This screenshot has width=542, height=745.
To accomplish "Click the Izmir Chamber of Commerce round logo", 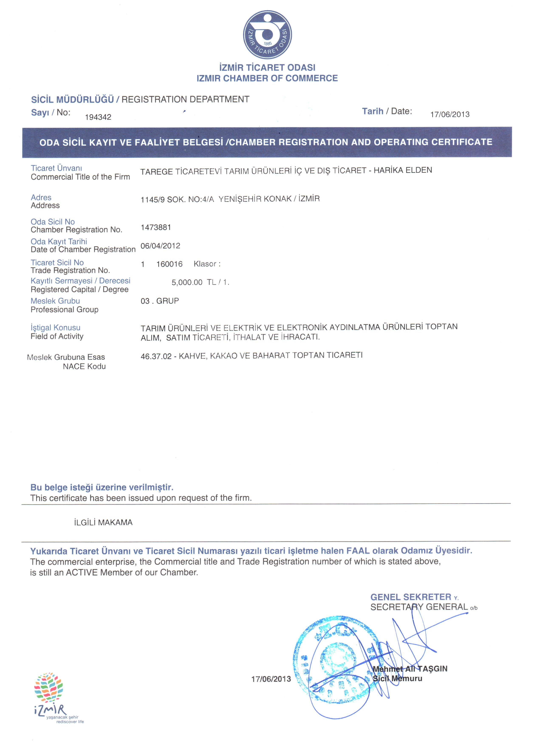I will pos(267,35).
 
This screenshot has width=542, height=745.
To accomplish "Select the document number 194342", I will pos(98,117).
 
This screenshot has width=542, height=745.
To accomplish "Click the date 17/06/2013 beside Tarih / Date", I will pos(450,115).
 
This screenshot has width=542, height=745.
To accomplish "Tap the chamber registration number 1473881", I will pos(156,227).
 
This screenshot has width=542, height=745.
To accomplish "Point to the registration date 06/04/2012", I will pos(160,246).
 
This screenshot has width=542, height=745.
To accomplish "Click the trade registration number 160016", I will pos(169,264).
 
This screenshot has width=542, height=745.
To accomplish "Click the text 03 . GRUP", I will pos(160,301).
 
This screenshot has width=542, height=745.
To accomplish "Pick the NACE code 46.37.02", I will pos(156,356).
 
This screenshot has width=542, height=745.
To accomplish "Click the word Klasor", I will pos(205,264).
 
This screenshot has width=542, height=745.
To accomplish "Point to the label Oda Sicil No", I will pos(53,222).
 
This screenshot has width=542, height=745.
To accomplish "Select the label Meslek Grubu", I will pos(55,301).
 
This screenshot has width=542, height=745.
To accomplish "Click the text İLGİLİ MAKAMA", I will pos(103,522).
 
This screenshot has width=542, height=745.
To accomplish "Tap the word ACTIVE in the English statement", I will pos(82,573).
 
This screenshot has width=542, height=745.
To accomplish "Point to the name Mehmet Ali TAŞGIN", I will pos(410,668).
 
